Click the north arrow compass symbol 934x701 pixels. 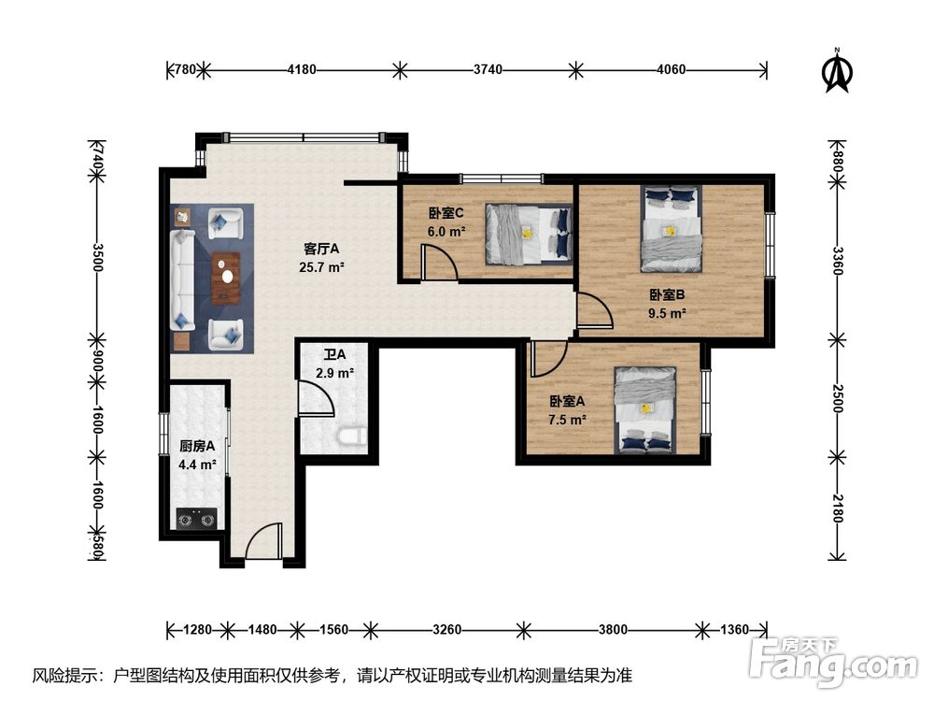837,72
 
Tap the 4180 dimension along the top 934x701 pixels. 302,70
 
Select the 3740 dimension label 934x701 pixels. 488,70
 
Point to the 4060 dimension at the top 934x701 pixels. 672,70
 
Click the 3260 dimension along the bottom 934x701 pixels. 446,629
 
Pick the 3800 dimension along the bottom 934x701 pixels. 613,629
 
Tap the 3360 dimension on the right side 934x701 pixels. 838,261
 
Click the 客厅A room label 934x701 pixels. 321,248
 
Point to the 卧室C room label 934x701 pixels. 446,213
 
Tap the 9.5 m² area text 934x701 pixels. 667,313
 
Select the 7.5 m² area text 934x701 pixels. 567,420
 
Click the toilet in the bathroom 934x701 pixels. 352,436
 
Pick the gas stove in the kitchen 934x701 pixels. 197,519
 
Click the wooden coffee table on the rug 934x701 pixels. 226,278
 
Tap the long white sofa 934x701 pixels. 183,279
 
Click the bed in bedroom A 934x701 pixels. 645,409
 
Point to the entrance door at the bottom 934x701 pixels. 263,540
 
